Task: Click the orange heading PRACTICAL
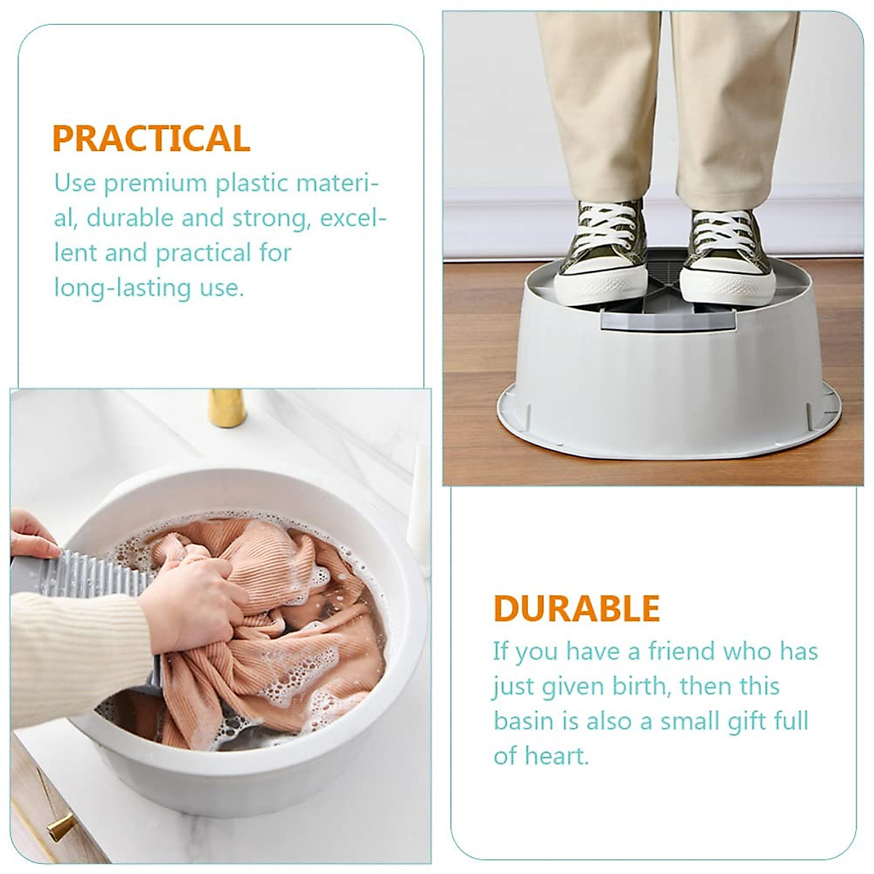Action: pyautogui.click(x=151, y=138)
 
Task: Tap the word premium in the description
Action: pyautogui.click(x=156, y=184)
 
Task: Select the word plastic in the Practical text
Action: pyautogui.click(x=251, y=184)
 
